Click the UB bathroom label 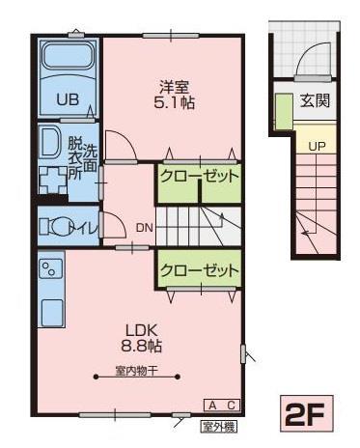tap(67, 98)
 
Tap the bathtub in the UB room tap(67, 63)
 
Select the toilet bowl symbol tap(60, 228)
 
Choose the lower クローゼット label tap(198, 271)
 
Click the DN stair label tap(144, 229)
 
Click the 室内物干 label tap(135, 372)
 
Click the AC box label tap(221, 405)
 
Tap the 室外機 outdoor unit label tap(218, 425)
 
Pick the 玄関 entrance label tap(315, 100)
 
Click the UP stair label tap(316, 147)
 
